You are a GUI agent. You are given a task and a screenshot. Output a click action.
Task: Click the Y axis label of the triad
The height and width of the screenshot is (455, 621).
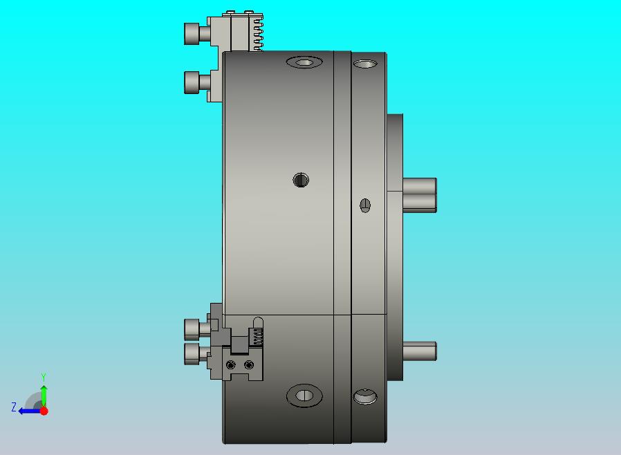(x=44, y=377)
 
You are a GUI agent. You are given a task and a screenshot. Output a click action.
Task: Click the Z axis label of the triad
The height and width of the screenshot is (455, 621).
(x=14, y=407)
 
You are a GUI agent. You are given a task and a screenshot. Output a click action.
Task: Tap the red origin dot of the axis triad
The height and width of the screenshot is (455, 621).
(x=44, y=411)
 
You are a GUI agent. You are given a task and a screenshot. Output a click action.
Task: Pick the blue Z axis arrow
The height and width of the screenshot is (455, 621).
(x=30, y=411)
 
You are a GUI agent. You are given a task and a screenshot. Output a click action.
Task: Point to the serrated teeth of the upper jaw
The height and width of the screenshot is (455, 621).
(x=258, y=34)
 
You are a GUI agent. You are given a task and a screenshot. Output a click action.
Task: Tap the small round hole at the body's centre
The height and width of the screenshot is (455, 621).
(x=301, y=180)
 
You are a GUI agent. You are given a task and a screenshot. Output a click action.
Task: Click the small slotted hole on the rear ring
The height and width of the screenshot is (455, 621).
(x=365, y=205)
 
